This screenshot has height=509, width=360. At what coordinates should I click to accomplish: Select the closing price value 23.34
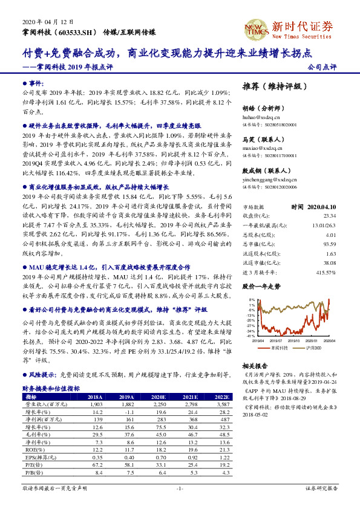click(330, 216)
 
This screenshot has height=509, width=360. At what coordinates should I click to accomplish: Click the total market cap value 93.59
click(330, 244)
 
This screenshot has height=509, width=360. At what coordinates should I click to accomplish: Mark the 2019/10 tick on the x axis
click(295, 341)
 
